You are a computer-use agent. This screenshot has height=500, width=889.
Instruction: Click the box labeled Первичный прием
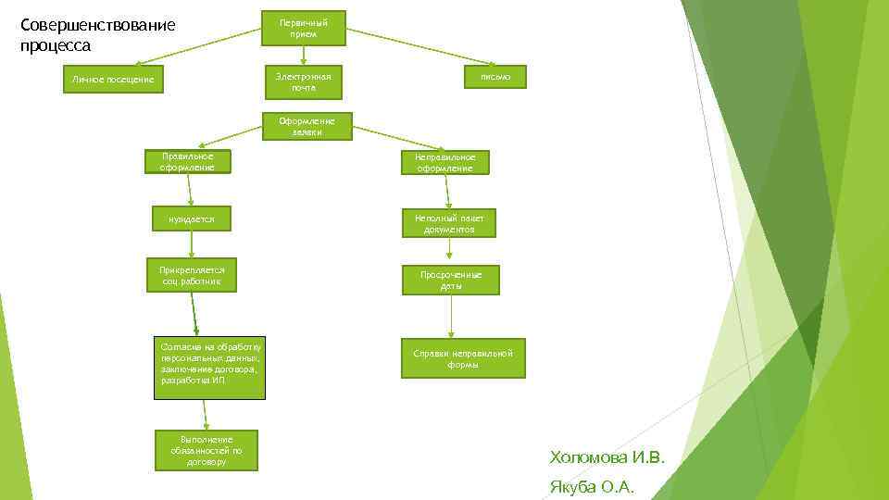[x=303, y=28]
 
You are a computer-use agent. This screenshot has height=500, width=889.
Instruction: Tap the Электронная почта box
[x=303, y=81]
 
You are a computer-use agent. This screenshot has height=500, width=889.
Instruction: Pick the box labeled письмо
[x=495, y=77]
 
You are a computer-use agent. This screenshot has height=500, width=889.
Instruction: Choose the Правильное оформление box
[x=188, y=162]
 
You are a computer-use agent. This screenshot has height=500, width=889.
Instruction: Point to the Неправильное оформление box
[x=444, y=163]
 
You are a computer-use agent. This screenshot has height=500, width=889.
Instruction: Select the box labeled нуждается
[x=191, y=219]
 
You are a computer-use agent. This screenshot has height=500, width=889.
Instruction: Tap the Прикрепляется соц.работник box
[x=191, y=275]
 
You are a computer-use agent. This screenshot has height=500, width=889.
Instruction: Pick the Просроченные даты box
[x=451, y=281]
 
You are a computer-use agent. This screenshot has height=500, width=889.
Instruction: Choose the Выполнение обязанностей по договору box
[x=206, y=450]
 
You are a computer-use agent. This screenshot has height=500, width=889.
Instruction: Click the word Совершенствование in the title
[x=97, y=24]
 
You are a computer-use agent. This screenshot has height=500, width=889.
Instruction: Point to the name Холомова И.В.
[x=607, y=457]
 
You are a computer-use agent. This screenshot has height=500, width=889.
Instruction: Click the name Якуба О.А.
[x=592, y=488]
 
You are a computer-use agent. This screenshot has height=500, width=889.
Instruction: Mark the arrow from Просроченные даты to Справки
[x=451, y=316]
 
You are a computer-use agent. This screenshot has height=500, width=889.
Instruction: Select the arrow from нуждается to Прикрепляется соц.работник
[x=192, y=244]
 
